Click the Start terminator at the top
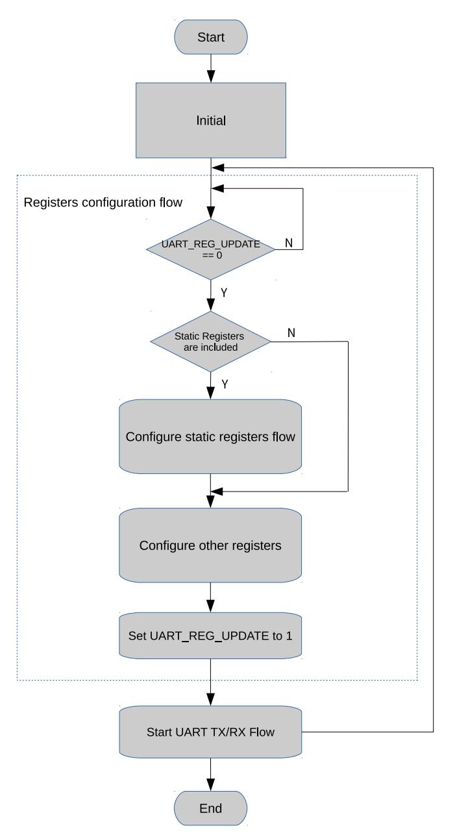[x=211, y=37]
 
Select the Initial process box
[x=211, y=120]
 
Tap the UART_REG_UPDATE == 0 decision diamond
[x=211, y=249]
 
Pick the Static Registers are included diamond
[x=211, y=342]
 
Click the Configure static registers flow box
[x=210, y=436]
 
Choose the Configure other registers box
[x=210, y=545]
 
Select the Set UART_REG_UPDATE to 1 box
[x=210, y=636]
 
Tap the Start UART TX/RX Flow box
[x=210, y=732]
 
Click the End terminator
[x=210, y=808]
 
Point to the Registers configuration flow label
[x=103, y=202]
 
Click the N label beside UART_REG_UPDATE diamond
[x=289, y=243]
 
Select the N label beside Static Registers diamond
[x=291, y=332]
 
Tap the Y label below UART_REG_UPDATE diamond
[x=224, y=292]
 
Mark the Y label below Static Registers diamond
[x=225, y=384]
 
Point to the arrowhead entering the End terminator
[x=210, y=784]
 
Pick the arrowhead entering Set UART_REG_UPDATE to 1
[x=210, y=606]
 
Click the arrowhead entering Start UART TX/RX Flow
[x=210, y=699]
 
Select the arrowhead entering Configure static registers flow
[x=210, y=393]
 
